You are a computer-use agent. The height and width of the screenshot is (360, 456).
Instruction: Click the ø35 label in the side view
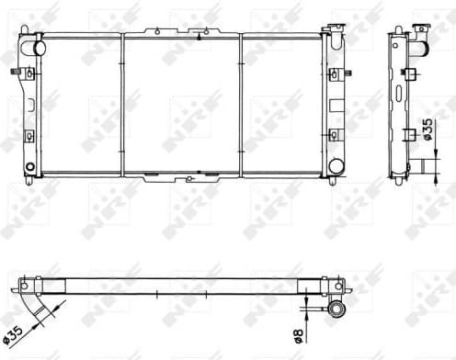(427, 129)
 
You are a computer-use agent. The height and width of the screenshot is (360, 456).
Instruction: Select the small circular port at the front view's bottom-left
(30, 167)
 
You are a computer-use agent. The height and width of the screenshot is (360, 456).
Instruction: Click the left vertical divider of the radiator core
(122, 104)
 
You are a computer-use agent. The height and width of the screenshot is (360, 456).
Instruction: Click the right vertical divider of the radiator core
(241, 104)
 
